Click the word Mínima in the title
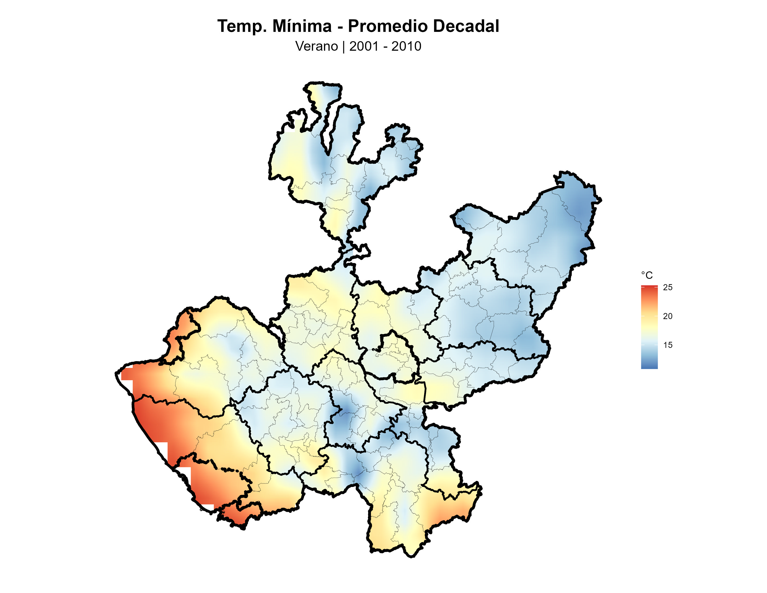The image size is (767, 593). pyautogui.click(x=302, y=26)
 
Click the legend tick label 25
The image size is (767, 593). pyautogui.click(x=668, y=287)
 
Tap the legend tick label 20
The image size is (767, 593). pyautogui.click(x=668, y=316)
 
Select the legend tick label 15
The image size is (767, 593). pyautogui.click(x=668, y=345)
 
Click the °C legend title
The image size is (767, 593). pyautogui.click(x=647, y=275)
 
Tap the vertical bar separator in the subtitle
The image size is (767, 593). pyautogui.click(x=344, y=46)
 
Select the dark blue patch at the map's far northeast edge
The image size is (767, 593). pyautogui.click(x=581, y=211)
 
